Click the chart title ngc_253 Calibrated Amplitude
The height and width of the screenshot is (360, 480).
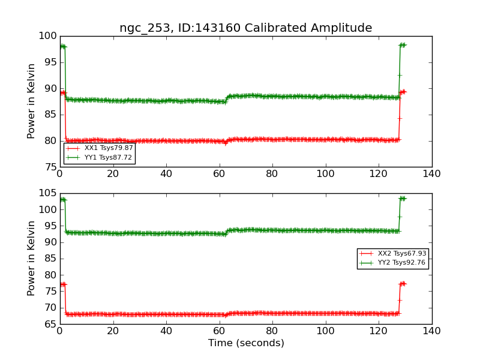(245, 28)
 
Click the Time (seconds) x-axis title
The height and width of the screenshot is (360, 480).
(246, 343)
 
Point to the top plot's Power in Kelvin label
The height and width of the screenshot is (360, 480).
(32, 101)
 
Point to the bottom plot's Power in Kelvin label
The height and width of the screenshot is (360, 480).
(32, 258)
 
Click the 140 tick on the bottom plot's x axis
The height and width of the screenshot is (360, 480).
(431, 331)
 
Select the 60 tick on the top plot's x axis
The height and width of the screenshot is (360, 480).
(219, 174)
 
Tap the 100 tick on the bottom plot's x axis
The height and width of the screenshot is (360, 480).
(325, 331)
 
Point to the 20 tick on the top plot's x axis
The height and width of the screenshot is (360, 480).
(113, 174)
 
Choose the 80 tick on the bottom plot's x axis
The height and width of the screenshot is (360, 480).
(272, 331)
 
